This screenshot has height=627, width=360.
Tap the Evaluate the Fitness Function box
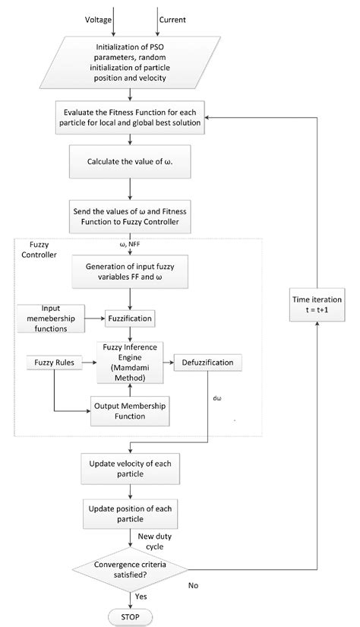(135, 117)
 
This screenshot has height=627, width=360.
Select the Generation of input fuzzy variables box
(135, 271)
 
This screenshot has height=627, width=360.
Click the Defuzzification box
(208, 363)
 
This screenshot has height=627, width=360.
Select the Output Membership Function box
(129, 410)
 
